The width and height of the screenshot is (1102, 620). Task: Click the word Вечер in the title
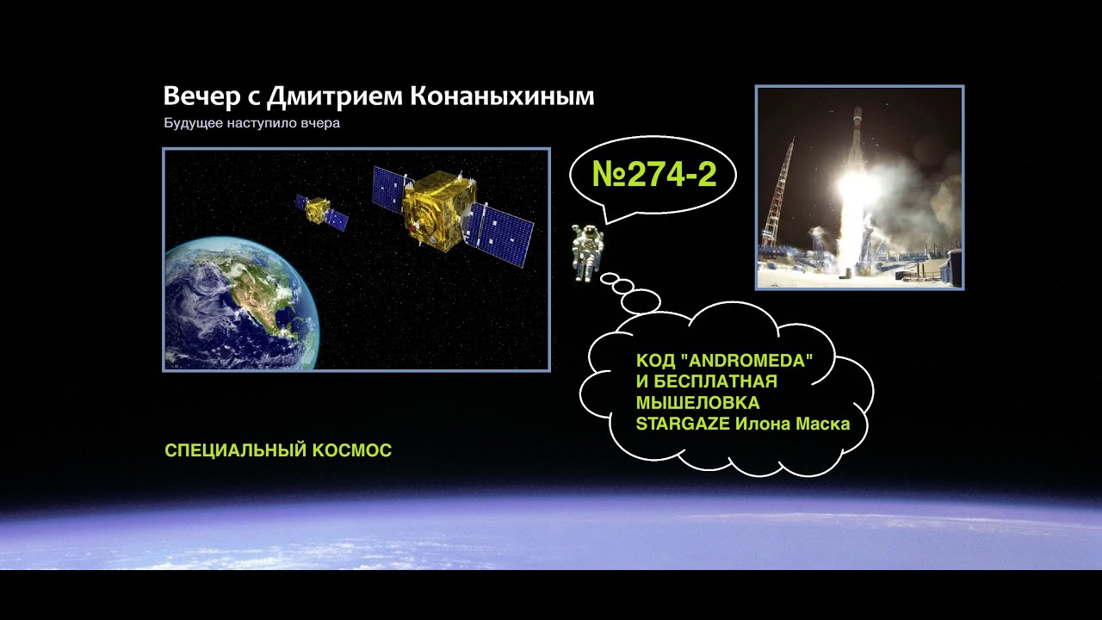tap(195, 96)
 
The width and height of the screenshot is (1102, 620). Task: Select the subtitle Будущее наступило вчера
tap(252, 123)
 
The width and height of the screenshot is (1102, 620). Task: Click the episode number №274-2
tap(654, 175)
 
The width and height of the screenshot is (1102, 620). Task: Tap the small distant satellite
tap(319, 209)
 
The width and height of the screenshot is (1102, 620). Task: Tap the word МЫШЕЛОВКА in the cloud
tap(697, 402)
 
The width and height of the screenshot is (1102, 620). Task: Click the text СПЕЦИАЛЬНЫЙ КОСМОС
tap(278, 450)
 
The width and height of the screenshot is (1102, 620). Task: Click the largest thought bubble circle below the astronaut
tap(641, 301)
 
